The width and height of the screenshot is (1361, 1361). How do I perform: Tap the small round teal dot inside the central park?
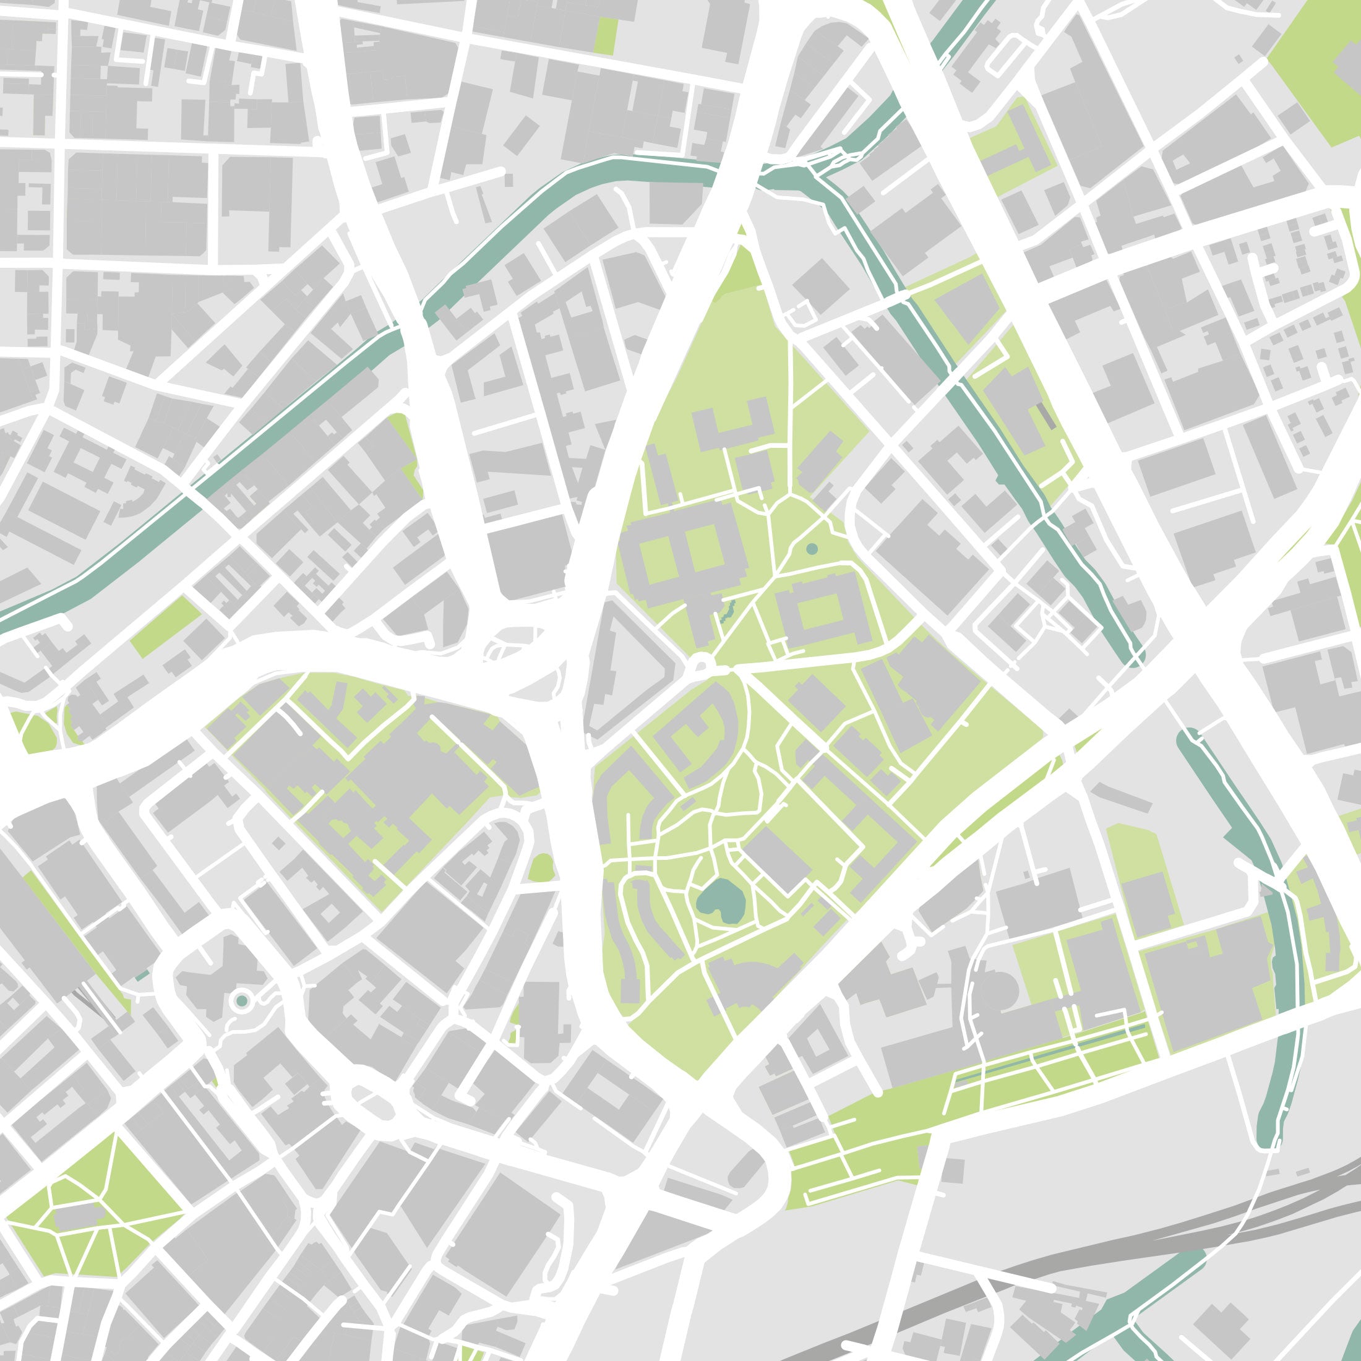pos(812,548)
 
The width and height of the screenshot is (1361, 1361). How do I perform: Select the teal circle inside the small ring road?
pos(242,1001)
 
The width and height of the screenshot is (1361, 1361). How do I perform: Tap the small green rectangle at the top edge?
pos(605,35)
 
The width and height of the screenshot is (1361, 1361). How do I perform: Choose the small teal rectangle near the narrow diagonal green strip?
pos(142,976)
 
